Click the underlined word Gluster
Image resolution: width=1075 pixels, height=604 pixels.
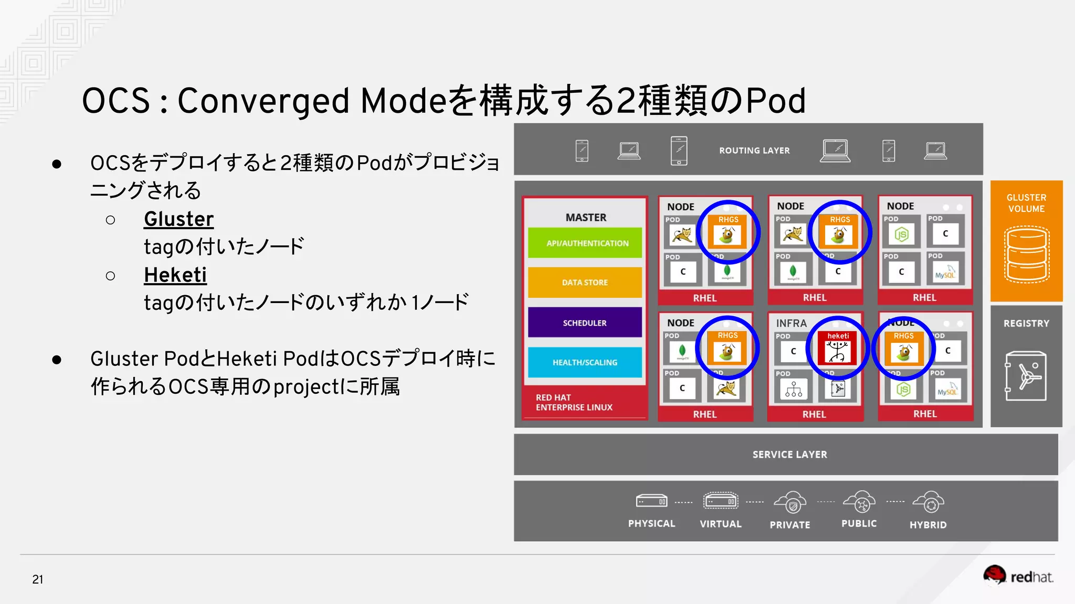click(178, 219)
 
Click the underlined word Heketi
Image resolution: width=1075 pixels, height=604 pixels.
click(175, 275)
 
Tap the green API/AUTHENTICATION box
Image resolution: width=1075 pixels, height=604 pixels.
click(585, 243)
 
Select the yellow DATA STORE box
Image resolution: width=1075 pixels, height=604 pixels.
click(585, 282)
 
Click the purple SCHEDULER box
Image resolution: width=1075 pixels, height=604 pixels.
click(585, 322)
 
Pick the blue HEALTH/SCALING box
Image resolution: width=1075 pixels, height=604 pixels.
click(585, 362)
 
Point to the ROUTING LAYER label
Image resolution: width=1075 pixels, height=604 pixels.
click(754, 150)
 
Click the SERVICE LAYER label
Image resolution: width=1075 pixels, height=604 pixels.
click(789, 455)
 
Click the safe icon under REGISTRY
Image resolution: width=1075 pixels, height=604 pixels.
click(1026, 376)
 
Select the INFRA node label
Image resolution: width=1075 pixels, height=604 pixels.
click(792, 323)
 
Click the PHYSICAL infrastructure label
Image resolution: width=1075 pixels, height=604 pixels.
click(651, 524)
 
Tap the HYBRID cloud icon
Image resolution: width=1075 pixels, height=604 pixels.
click(929, 502)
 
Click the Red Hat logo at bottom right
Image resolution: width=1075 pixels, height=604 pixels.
click(1018, 576)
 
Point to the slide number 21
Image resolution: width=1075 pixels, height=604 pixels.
click(38, 579)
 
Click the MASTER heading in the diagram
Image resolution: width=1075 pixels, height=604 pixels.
click(586, 217)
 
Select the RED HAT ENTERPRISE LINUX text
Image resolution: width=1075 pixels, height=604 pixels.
click(574, 402)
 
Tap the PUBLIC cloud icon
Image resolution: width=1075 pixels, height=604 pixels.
click(859, 502)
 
